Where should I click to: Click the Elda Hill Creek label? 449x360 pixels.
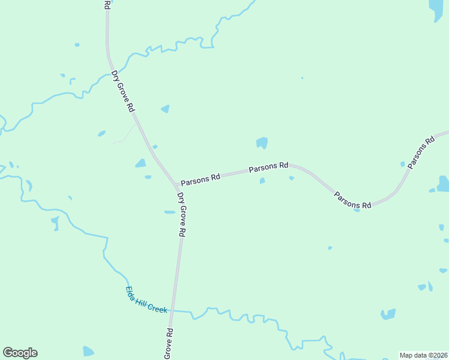click(146, 301)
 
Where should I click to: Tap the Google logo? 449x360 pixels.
click(20, 353)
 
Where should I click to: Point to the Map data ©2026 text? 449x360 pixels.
click(423, 355)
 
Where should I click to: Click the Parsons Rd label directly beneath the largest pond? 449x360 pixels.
click(268, 166)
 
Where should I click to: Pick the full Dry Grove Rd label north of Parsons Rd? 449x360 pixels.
click(123, 92)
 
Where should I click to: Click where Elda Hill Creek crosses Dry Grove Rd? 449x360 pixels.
click(172, 310)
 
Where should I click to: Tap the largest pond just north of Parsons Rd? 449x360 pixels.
click(262, 143)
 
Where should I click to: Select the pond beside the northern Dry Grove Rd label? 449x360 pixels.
click(165, 109)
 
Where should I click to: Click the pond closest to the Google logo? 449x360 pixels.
click(88, 352)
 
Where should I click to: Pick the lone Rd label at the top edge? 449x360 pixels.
click(107, 4)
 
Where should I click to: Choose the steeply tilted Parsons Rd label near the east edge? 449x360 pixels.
click(421, 152)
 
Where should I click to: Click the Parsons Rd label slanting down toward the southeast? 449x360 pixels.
click(352, 200)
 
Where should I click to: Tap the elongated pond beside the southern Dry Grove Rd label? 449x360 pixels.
click(170, 212)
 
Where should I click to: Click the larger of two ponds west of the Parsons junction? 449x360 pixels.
click(140, 163)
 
